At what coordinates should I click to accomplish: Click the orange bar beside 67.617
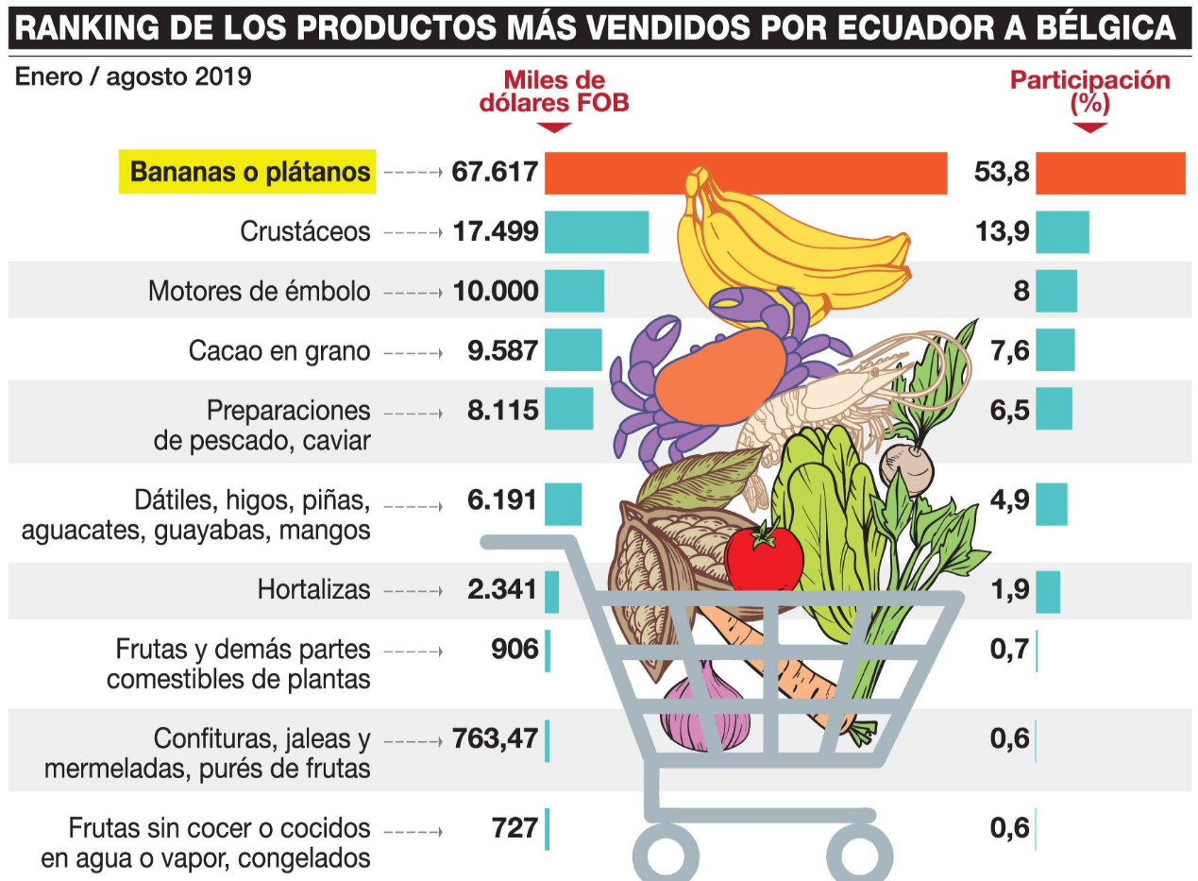click(x=746, y=173)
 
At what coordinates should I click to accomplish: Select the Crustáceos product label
click(x=305, y=231)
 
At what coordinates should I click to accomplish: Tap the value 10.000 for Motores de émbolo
click(x=496, y=290)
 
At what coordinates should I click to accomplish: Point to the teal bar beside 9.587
click(x=573, y=350)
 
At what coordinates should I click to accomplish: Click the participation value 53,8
click(x=1002, y=173)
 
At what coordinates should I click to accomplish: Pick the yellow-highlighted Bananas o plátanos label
click(x=247, y=172)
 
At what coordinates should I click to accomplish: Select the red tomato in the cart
click(x=764, y=557)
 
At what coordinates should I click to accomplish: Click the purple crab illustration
click(x=661, y=378)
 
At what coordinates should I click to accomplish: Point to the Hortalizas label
click(x=313, y=590)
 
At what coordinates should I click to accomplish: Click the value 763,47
click(x=496, y=737)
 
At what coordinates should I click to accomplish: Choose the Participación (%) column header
click(x=1089, y=92)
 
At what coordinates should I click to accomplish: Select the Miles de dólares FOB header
click(x=553, y=92)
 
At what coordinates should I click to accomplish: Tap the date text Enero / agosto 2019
click(x=133, y=76)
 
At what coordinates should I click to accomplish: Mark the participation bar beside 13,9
click(x=1062, y=231)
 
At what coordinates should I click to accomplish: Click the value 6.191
click(x=502, y=500)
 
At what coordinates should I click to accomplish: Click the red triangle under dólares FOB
click(x=553, y=127)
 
